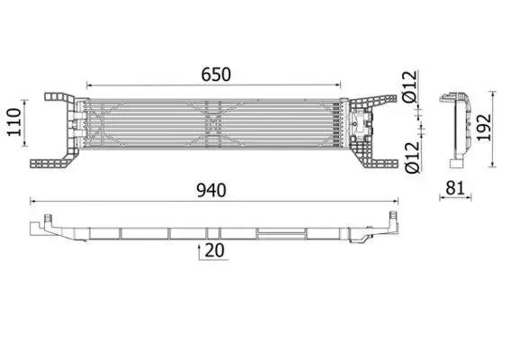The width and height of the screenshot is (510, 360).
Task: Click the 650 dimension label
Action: tap(216, 75)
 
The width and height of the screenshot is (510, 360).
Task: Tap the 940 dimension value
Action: tap(211, 191)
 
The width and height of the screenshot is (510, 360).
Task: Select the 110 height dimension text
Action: tap(14, 122)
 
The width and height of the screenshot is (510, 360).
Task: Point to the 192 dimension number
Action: tap(484, 127)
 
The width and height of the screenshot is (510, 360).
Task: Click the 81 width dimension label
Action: tap(455, 188)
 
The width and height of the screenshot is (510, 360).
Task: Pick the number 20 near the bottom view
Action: tap(215, 250)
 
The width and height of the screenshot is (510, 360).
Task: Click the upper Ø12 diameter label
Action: tap(409, 86)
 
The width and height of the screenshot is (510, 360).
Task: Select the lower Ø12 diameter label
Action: tap(413, 157)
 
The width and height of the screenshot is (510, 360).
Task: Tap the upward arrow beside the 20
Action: tap(199, 253)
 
